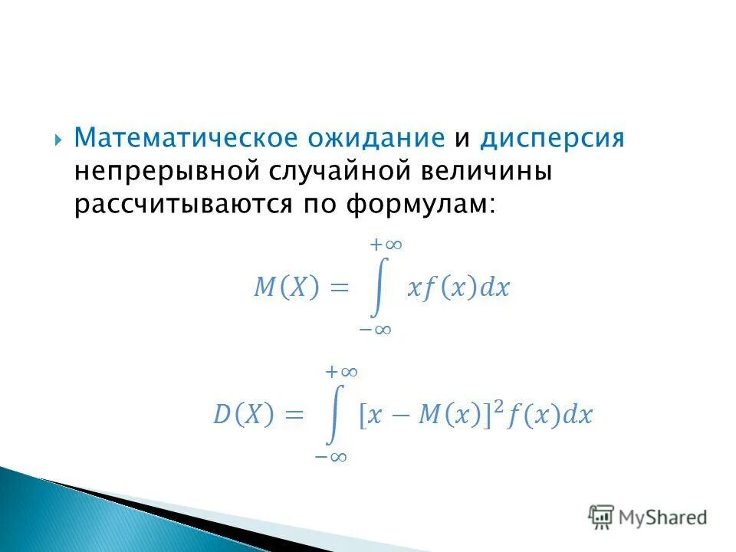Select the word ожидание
click(x=376, y=139)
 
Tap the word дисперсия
click(x=552, y=139)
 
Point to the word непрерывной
click(x=168, y=172)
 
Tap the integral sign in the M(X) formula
click(x=377, y=287)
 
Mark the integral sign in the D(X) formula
click(x=333, y=414)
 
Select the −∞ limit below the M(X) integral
click(x=376, y=330)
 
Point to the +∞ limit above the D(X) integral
click(x=342, y=372)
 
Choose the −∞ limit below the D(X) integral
click(x=331, y=457)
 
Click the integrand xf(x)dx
click(x=458, y=288)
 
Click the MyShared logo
click(x=648, y=517)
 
